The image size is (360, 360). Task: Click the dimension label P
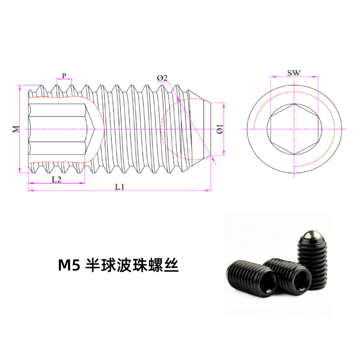pos(64,76)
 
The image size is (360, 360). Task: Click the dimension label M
pos(16,129)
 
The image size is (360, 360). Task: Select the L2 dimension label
pos(57,179)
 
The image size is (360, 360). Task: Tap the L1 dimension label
pos(119,187)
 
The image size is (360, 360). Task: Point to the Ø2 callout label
pos(162,78)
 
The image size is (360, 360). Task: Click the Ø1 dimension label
pos(220,129)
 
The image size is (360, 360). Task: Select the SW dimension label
pos(294,73)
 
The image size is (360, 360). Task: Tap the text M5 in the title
pos(69,265)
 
